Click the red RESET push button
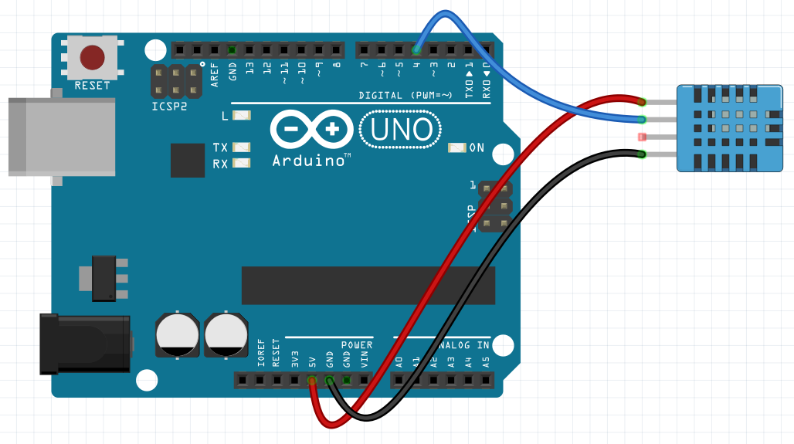click(92, 56)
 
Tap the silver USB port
click(62, 137)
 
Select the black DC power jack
click(85, 344)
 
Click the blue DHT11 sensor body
click(729, 128)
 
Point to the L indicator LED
click(242, 116)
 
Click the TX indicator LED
click(242, 147)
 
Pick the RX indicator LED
click(242, 163)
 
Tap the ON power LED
click(457, 147)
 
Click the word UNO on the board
click(401, 130)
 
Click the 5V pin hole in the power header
click(312, 381)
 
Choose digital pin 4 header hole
click(416, 51)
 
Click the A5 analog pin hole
click(485, 381)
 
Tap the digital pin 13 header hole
click(249, 51)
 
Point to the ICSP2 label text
click(169, 107)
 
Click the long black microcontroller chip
click(366, 286)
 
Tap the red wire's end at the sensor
click(641, 101)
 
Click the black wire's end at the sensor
click(642, 154)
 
